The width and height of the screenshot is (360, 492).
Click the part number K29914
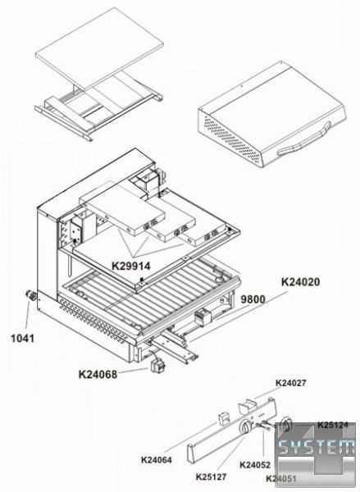(x=131, y=266)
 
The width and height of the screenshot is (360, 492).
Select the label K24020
(x=300, y=282)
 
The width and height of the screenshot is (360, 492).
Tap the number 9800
(x=253, y=299)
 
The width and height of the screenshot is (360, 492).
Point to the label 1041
(x=23, y=338)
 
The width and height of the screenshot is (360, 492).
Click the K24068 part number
(x=98, y=375)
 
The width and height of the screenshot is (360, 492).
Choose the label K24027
(x=290, y=383)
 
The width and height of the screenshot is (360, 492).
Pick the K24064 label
(x=157, y=460)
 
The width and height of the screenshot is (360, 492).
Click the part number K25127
(x=211, y=477)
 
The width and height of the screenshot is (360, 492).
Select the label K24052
(x=255, y=465)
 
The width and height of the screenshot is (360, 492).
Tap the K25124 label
(x=333, y=425)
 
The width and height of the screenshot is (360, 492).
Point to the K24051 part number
(x=281, y=479)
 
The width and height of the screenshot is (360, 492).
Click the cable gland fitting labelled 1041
(x=31, y=295)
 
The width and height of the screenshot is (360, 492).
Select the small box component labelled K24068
(x=158, y=365)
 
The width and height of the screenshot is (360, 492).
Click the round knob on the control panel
(x=245, y=426)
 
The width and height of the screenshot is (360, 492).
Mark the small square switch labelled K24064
(x=224, y=418)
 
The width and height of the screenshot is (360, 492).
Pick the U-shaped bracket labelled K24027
(x=248, y=406)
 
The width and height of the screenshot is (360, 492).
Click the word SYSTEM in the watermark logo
(x=317, y=447)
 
